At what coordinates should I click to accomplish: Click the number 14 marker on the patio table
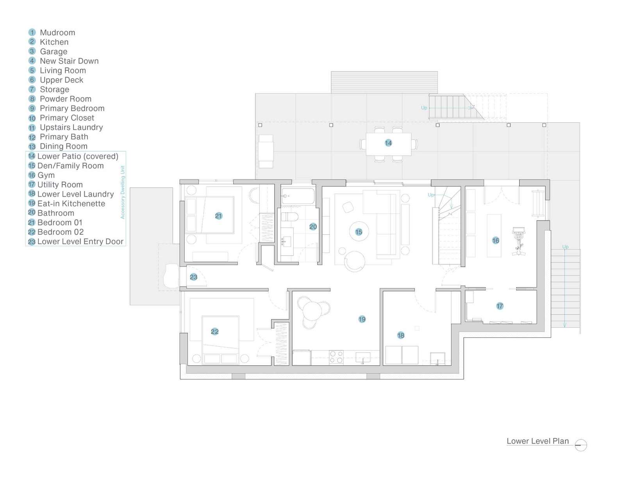(388, 143)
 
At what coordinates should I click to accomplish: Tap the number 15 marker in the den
(359, 232)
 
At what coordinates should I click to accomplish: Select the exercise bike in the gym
(519, 241)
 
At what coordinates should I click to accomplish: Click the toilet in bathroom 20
(289, 217)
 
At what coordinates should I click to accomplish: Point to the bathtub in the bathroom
(298, 196)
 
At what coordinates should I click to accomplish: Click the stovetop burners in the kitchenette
(336, 357)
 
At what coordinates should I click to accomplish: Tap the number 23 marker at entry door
(193, 277)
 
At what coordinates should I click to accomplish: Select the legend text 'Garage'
(54, 52)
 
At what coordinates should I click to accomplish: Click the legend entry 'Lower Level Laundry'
(75, 194)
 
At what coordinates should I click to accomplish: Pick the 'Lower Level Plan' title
(537, 441)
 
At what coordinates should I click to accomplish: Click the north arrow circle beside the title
(581, 445)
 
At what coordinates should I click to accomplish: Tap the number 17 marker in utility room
(500, 306)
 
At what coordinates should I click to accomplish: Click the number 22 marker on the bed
(214, 332)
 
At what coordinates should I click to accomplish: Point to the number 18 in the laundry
(401, 335)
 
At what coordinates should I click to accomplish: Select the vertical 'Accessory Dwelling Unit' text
(123, 192)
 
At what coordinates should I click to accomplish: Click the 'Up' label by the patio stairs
(424, 108)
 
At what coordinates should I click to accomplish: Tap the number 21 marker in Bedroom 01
(218, 216)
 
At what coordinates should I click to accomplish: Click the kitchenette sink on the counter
(363, 357)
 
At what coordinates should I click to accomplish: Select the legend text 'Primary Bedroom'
(72, 109)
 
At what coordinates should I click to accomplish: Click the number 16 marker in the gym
(495, 241)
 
